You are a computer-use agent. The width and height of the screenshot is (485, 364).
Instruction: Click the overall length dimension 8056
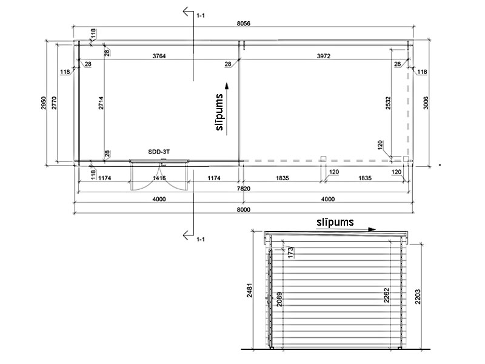click(x=244, y=24)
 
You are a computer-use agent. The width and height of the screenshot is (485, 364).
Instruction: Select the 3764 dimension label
click(x=159, y=56)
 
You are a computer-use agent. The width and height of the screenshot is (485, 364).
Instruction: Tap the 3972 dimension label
click(x=324, y=56)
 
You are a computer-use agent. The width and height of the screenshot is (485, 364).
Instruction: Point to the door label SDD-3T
click(x=159, y=152)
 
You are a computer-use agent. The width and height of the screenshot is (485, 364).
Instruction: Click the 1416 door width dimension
click(x=159, y=178)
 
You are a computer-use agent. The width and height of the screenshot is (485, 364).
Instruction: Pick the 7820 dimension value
click(x=244, y=189)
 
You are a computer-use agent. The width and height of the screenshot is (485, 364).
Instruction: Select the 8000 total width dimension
click(x=244, y=209)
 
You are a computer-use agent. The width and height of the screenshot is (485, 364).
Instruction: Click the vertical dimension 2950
click(x=43, y=103)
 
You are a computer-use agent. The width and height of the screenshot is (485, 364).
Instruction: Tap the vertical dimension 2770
click(x=54, y=103)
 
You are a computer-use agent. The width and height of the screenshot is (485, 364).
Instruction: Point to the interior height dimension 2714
click(x=101, y=103)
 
